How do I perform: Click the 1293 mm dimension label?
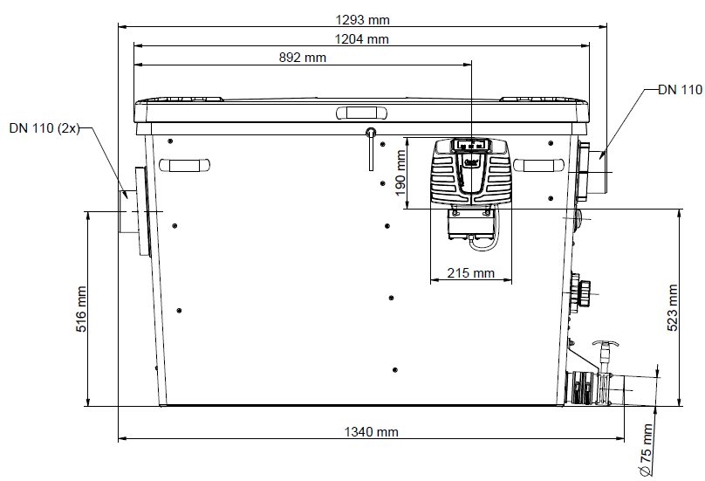pyautogui.click(x=362, y=20)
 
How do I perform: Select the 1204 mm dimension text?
pyautogui.click(x=361, y=39)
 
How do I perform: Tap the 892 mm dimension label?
pyautogui.click(x=302, y=58)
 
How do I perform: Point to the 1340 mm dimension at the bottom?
pyautogui.click(x=371, y=432)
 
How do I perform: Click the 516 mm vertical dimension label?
pyautogui.click(x=81, y=309)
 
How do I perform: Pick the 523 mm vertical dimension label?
pyautogui.click(x=672, y=308)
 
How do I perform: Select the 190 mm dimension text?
pyautogui.click(x=400, y=173)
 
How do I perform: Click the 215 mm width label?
pyautogui.click(x=471, y=273)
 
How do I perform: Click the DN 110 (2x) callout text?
pyautogui.click(x=44, y=128)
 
